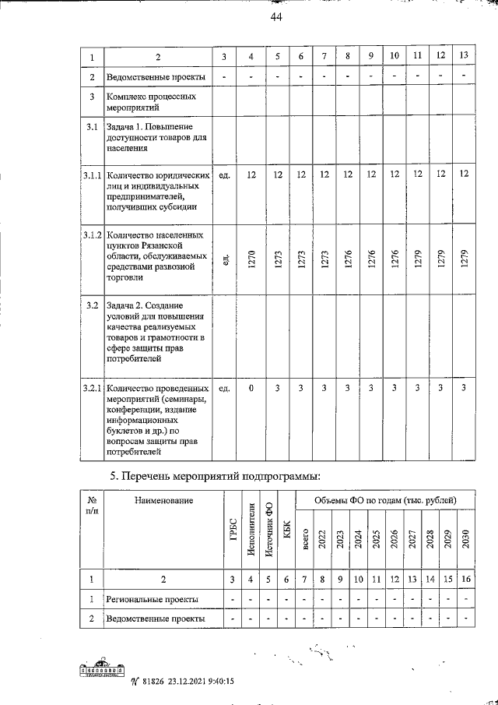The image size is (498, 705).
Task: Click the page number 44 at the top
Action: [x=276, y=19]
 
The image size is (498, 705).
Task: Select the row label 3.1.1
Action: [x=92, y=175]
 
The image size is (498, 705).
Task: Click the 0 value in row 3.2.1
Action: [x=251, y=387]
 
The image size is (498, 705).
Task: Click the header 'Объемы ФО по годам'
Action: [x=385, y=499]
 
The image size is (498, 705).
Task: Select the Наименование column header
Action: [x=163, y=499]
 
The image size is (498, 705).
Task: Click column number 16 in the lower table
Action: [x=465, y=579]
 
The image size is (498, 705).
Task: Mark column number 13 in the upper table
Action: [x=465, y=56]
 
